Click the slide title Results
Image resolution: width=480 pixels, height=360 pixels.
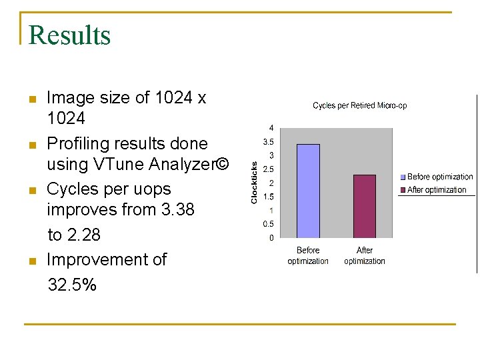tap(69, 35)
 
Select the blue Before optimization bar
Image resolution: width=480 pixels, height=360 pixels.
tap(308, 191)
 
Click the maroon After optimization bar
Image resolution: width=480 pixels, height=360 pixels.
tap(365, 206)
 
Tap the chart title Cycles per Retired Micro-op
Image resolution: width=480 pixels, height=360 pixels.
tap(360, 105)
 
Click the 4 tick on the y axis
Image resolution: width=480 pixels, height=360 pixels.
tap(271, 127)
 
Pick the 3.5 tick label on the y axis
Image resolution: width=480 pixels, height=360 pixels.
tap(269, 141)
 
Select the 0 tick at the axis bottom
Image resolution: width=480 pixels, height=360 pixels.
tap(271, 237)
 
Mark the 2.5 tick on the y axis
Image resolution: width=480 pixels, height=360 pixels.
tap(269, 169)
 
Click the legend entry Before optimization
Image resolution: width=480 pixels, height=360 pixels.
tap(440, 177)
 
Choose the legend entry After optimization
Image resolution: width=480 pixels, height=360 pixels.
tap(437, 190)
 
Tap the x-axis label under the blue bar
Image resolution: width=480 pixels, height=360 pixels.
tap(308, 255)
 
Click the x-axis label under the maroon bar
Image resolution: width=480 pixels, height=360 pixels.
tap(365, 255)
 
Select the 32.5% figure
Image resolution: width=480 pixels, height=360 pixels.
tap(72, 285)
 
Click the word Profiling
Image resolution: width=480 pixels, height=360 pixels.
tap(78, 143)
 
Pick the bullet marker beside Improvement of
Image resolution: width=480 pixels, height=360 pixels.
tap(31, 260)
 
